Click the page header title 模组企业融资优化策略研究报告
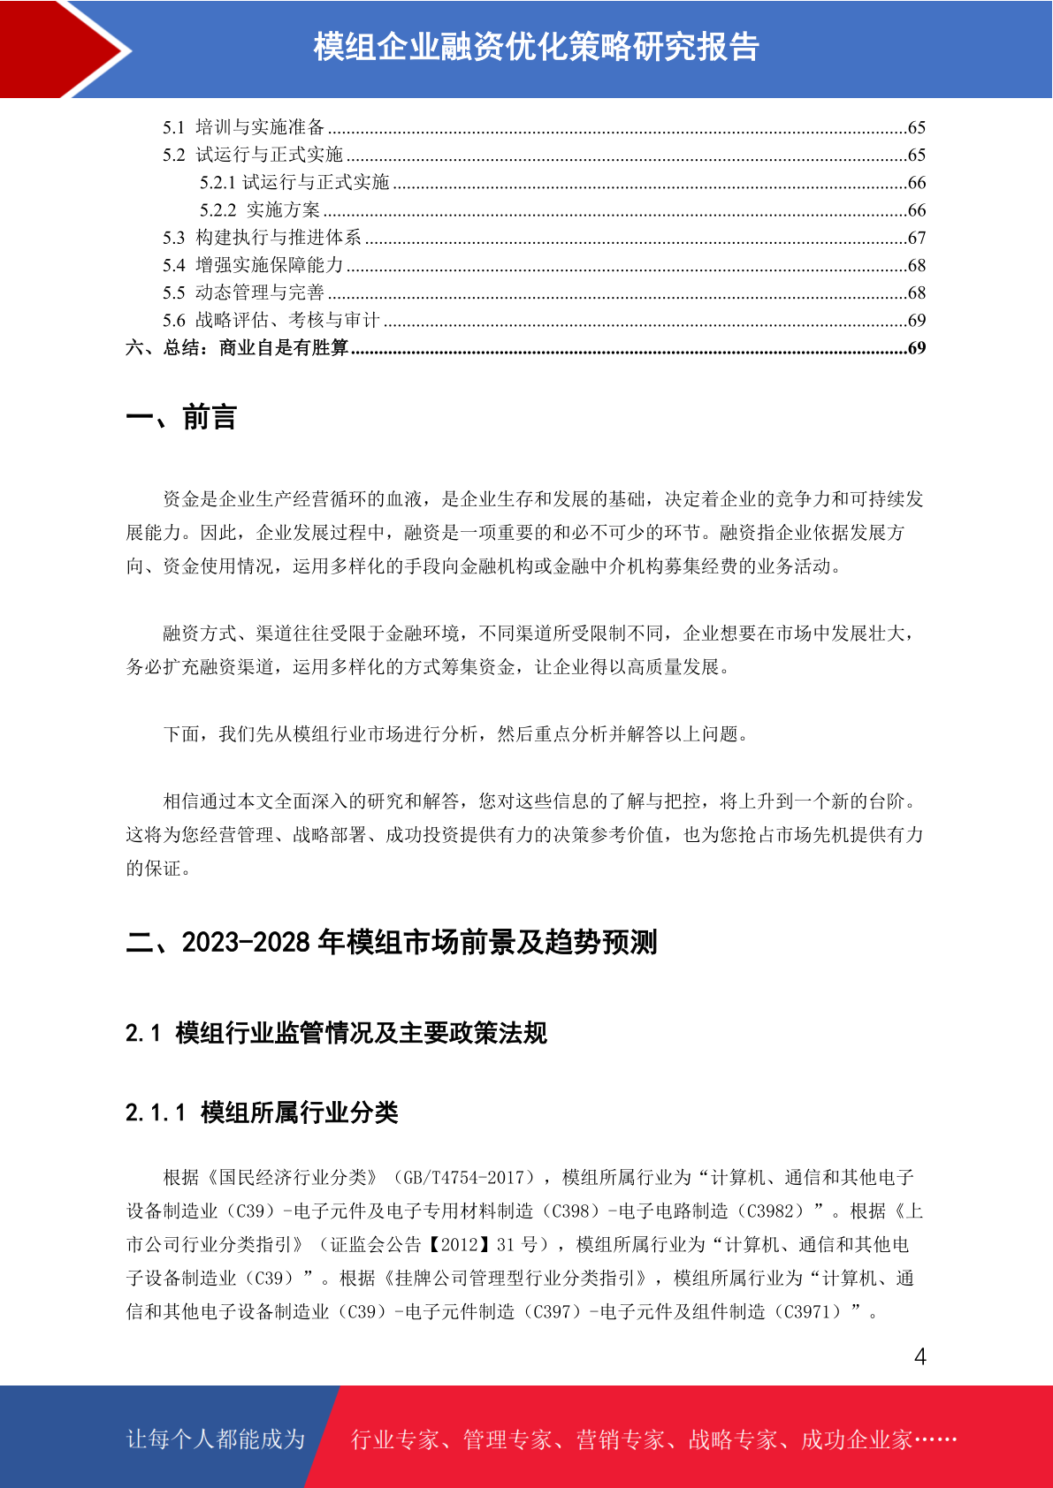tap(536, 47)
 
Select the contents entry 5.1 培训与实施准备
tap(244, 127)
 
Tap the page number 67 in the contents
tap(917, 238)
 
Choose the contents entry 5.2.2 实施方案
tap(260, 210)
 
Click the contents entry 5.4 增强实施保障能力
tap(253, 265)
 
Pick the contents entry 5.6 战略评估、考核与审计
tap(271, 320)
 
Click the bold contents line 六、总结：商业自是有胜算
tap(237, 347)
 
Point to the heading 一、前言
tap(181, 417)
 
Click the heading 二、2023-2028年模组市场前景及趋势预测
tap(392, 942)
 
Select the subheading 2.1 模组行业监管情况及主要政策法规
tap(336, 1033)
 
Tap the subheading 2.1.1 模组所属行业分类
tap(262, 1112)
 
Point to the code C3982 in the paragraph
tap(774, 1211)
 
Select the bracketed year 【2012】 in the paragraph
tap(459, 1245)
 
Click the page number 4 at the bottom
tap(919, 1356)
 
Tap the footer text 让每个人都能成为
tap(216, 1439)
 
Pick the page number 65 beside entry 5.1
tap(917, 127)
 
